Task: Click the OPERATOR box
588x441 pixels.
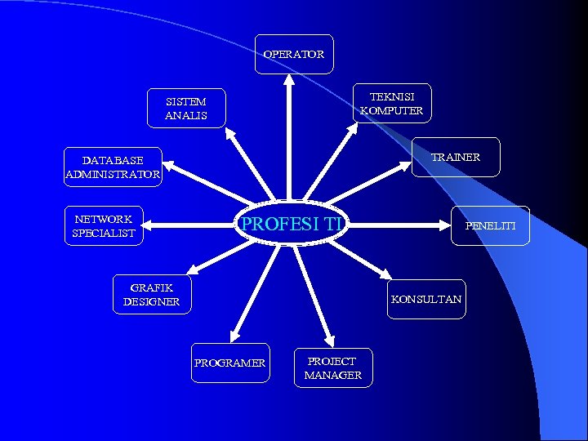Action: point(294,55)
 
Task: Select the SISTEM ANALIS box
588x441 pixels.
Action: point(186,109)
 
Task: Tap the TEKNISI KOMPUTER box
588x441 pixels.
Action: point(392,104)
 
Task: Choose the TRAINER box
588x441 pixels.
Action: point(455,158)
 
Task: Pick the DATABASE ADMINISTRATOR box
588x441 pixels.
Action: point(113,167)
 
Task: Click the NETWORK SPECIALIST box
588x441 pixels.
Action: point(104,226)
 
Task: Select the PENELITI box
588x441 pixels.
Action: point(490,225)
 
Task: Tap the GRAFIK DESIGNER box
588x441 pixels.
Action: point(152,295)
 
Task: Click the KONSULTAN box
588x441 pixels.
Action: point(426,299)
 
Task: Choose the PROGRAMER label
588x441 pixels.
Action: point(229,363)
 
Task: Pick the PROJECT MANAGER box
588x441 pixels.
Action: point(332,368)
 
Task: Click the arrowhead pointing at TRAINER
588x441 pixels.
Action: point(407,165)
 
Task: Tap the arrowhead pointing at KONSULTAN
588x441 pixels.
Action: point(385,274)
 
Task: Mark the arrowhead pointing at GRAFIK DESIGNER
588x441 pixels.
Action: point(193,269)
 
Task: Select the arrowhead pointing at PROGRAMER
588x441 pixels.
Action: point(234,335)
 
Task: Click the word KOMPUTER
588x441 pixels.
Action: point(392,111)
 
